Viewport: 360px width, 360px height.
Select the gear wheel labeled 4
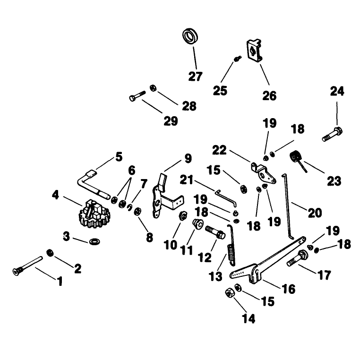pyautogui.click(x=94, y=214)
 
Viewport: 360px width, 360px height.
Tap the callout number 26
pyautogui.click(x=269, y=95)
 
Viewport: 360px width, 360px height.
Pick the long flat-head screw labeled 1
pyautogui.click(x=27, y=266)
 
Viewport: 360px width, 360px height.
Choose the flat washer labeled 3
pyautogui.click(x=94, y=241)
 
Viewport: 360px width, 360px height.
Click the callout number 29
pyautogui.click(x=171, y=121)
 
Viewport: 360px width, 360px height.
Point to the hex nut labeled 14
pyautogui.click(x=229, y=293)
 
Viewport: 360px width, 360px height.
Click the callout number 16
pyautogui.click(x=289, y=289)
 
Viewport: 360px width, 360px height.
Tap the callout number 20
pyautogui.click(x=315, y=213)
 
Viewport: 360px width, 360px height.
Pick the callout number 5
pyautogui.click(x=119, y=157)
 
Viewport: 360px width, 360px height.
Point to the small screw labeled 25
pyautogui.click(x=237, y=59)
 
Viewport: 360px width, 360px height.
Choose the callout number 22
pyautogui.click(x=219, y=150)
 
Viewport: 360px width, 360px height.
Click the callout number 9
pyautogui.click(x=188, y=158)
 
